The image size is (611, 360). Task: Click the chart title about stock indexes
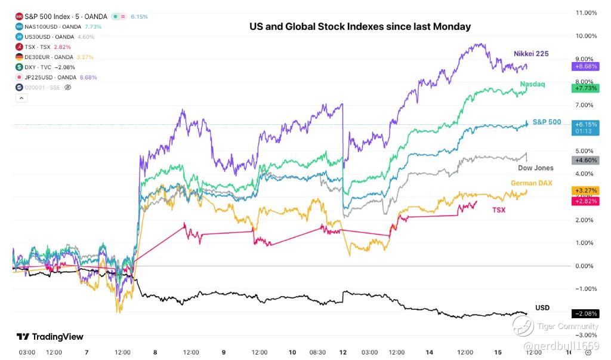click(x=360, y=26)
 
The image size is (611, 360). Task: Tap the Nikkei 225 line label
click(x=530, y=54)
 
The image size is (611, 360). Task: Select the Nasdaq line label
click(x=532, y=84)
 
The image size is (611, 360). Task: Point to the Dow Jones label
click(x=535, y=168)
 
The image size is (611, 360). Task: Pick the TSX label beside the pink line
click(x=498, y=210)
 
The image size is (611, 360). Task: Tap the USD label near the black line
click(x=542, y=307)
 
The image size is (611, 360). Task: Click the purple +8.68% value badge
click(x=585, y=66)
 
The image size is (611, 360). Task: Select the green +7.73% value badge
click(x=585, y=88)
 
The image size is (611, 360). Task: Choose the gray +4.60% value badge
click(x=585, y=160)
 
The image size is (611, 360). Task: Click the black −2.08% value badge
click(x=585, y=313)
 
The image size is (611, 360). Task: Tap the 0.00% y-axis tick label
click(x=585, y=266)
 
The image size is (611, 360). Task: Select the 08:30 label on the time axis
click(x=317, y=352)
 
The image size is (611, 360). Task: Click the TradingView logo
click(x=50, y=337)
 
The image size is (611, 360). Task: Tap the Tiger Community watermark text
click(x=567, y=326)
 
